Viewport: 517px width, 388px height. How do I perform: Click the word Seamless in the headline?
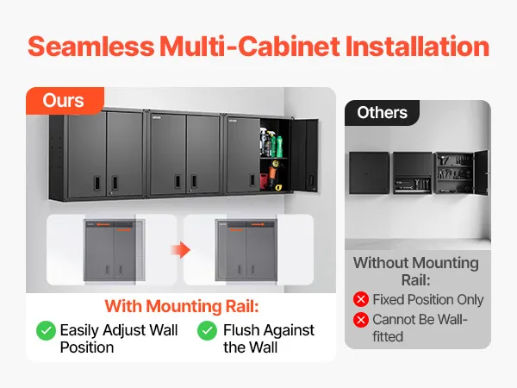(91, 46)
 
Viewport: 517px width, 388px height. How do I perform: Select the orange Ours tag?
(65, 100)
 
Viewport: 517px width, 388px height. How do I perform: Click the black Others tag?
(382, 112)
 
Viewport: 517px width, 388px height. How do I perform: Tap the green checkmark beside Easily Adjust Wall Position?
(46, 330)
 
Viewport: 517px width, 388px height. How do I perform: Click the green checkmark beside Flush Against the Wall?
(207, 330)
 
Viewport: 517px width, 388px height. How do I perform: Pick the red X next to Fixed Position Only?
(361, 299)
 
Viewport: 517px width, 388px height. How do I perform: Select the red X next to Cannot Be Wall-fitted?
(361, 319)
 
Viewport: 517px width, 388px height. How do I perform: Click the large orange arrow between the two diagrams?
(181, 250)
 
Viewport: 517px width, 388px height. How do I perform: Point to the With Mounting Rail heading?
(182, 306)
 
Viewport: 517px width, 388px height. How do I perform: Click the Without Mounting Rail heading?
(416, 272)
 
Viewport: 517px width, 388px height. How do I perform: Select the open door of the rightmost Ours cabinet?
(304, 155)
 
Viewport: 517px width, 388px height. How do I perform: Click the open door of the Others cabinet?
(481, 172)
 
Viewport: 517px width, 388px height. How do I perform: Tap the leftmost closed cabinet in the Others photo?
(369, 173)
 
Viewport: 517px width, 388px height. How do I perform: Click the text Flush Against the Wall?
(269, 339)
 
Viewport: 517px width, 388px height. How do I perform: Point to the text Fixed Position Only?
(428, 299)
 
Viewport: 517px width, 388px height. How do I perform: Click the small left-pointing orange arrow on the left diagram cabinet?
(103, 225)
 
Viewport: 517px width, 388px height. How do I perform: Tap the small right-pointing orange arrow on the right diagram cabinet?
(258, 225)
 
